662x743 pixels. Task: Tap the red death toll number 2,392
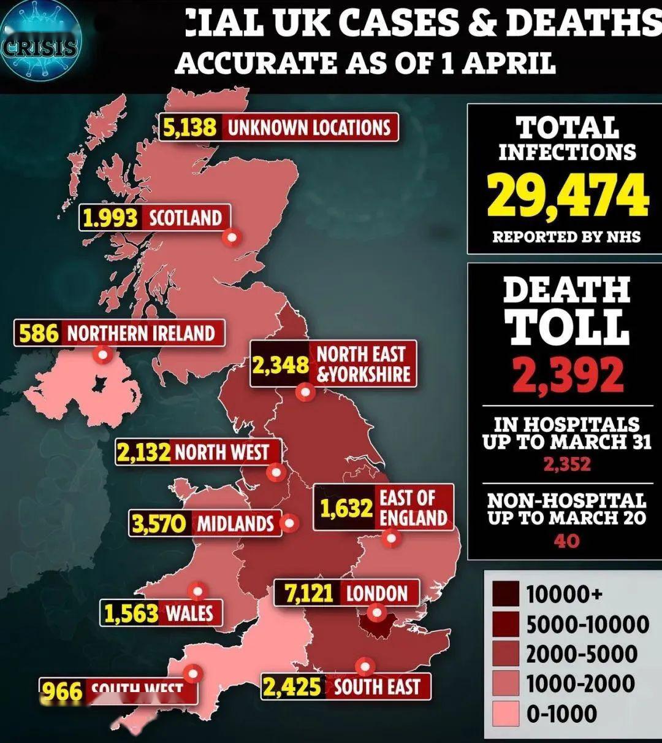click(568, 374)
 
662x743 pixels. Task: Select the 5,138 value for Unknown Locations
click(190, 128)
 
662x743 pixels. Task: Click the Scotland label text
click(185, 218)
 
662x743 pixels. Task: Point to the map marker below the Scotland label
click(232, 237)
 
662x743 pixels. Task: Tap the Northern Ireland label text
click(140, 334)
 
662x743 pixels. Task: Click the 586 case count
click(39, 334)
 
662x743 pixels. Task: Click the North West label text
click(222, 453)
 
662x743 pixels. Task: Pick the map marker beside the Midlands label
click(289, 523)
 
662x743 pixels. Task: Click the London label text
click(376, 594)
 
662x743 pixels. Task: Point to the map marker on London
click(376, 612)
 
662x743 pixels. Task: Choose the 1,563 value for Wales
click(131, 614)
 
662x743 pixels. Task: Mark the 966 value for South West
click(62, 692)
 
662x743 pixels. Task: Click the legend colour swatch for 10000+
click(506, 594)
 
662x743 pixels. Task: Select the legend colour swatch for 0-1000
click(506, 714)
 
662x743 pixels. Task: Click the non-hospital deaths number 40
click(567, 541)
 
